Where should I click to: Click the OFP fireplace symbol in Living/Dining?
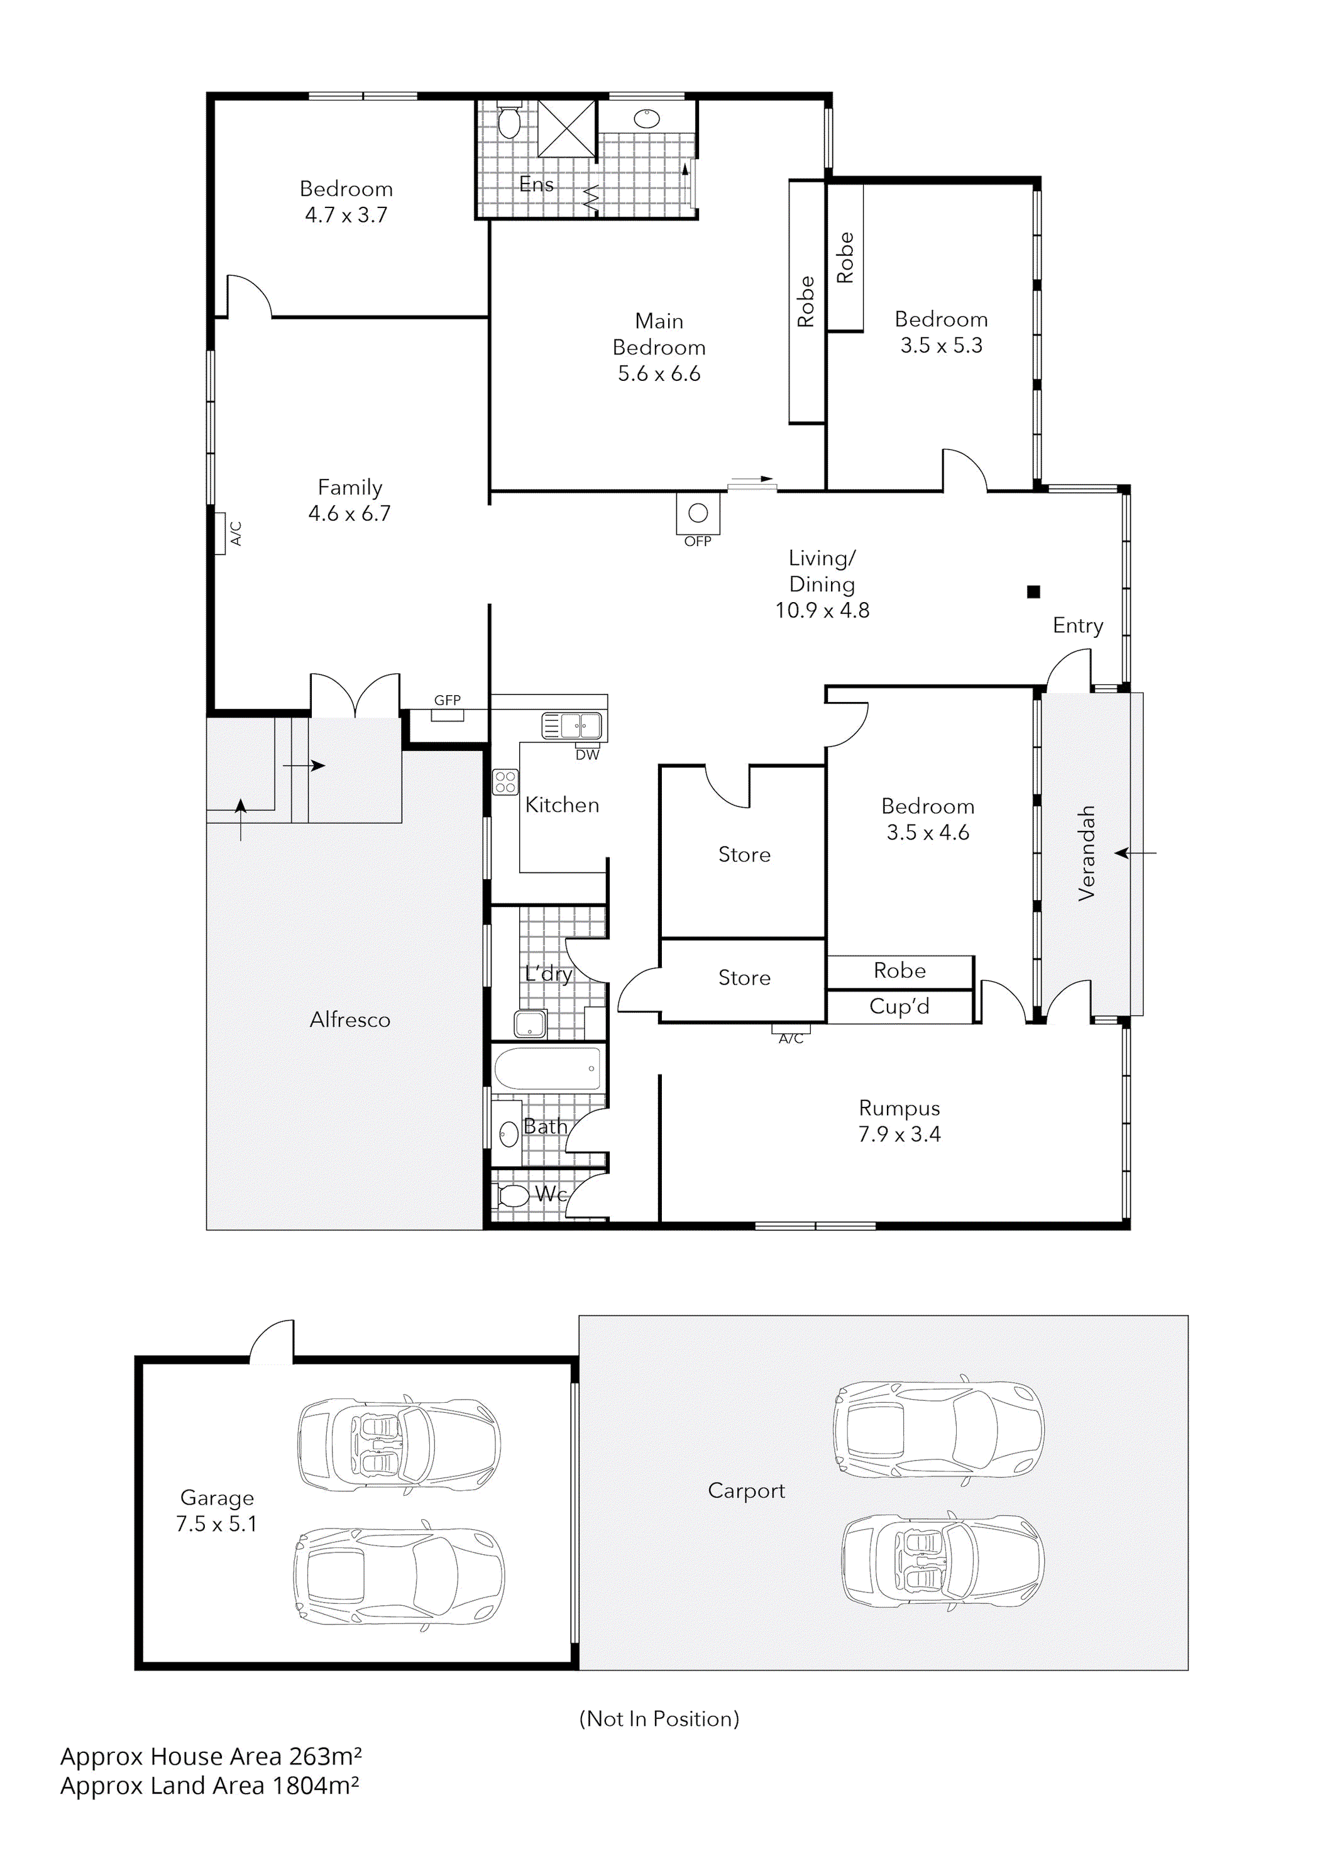pyautogui.click(x=697, y=513)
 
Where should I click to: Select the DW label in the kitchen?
pyautogui.click(x=587, y=755)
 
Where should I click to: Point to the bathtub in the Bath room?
pyautogui.click(x=547, y=1068)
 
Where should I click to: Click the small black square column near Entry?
pyautogui.click(x=1033, y=591)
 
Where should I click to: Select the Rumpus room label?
pyautogui.click(x=899, y=1109)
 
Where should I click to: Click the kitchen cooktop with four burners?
pyautogui.click(x=505, y=782)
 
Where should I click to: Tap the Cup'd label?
pyautogui.click(x=899, y=1007)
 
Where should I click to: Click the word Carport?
pyautogui.click(x=746, y=1491)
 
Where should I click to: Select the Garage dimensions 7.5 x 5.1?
pyautogui.click(x=216, y=1525)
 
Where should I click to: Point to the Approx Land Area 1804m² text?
pyautogui.click(x=210, y=1786)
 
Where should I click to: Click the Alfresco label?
pyautogui.click(x=349, y=1020)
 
